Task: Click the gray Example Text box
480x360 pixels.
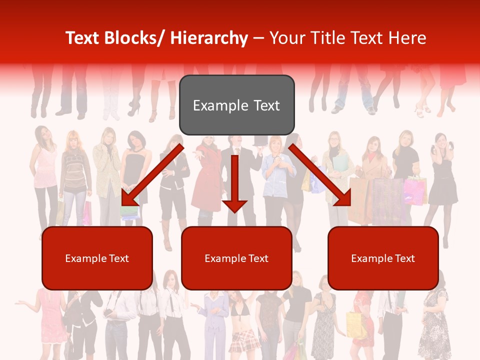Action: [236, 105]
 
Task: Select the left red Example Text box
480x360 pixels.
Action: [97, 258]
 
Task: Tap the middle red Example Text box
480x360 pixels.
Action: [236, 258]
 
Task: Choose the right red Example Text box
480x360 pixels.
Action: [383, 258]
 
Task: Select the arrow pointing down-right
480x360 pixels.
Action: [320, 176]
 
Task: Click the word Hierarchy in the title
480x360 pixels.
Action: [209, 38]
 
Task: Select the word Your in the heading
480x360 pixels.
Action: [286, 38]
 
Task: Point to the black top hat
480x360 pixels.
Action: [260, 140]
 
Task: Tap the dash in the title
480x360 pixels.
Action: [258, 38]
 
